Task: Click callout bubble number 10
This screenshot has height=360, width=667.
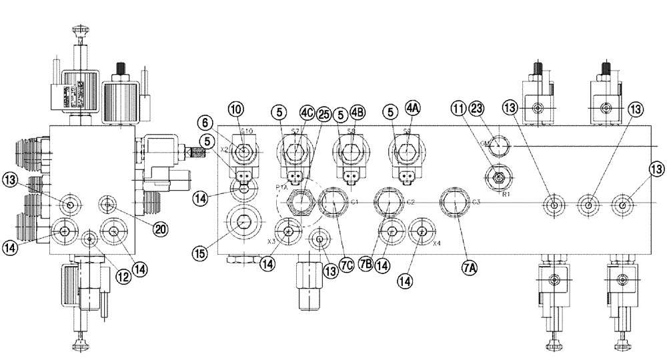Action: [x=236, y=109]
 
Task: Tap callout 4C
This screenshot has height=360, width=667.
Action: [x=307, y=113]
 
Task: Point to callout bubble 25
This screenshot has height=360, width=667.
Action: [x=323, y=113]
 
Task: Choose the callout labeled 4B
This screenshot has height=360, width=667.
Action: [x=358, y=113]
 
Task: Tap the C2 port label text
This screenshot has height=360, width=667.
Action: [x=411, y=202]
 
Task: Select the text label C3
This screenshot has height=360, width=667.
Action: [x=476, y=202]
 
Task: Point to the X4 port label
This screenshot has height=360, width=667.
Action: [x=437, y=243]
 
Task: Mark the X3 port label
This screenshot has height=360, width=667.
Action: [x=271, y=241]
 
